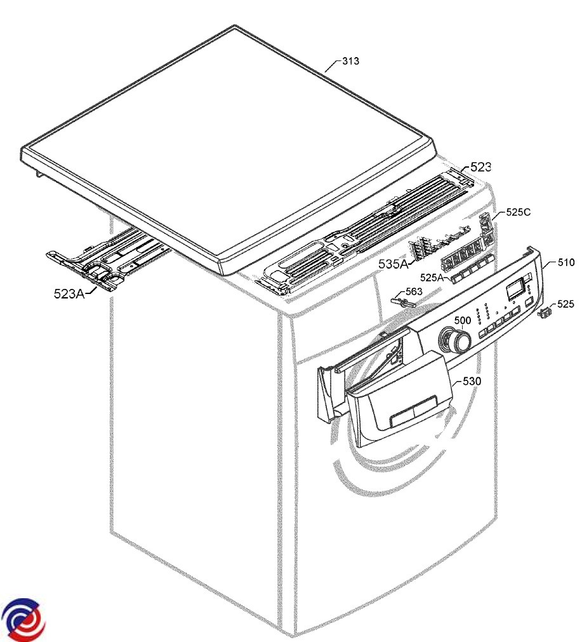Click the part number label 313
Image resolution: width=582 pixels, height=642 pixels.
[x=350, y=61]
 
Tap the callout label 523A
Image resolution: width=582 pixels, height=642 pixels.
[x=69, y=293]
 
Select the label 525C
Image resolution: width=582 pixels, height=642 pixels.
[x=518, y=212]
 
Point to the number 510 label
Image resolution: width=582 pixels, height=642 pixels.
[x=566, y=262]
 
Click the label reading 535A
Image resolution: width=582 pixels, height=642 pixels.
[x=394, y=264]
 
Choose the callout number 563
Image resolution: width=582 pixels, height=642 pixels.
[x=413, y=291]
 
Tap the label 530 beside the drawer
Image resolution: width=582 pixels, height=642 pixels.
[x=472, y=381]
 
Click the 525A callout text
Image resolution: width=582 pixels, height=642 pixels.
[x=432, y=278]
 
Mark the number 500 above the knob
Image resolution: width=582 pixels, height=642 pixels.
[x=463, y=320]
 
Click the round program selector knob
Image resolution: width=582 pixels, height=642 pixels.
[x=454, y=340]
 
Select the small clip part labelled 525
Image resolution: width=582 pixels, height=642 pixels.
[x=545, y=313]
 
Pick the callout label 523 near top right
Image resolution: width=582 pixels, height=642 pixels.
[x=480, y=167]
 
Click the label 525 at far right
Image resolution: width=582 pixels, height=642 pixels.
[x=565, y=304]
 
